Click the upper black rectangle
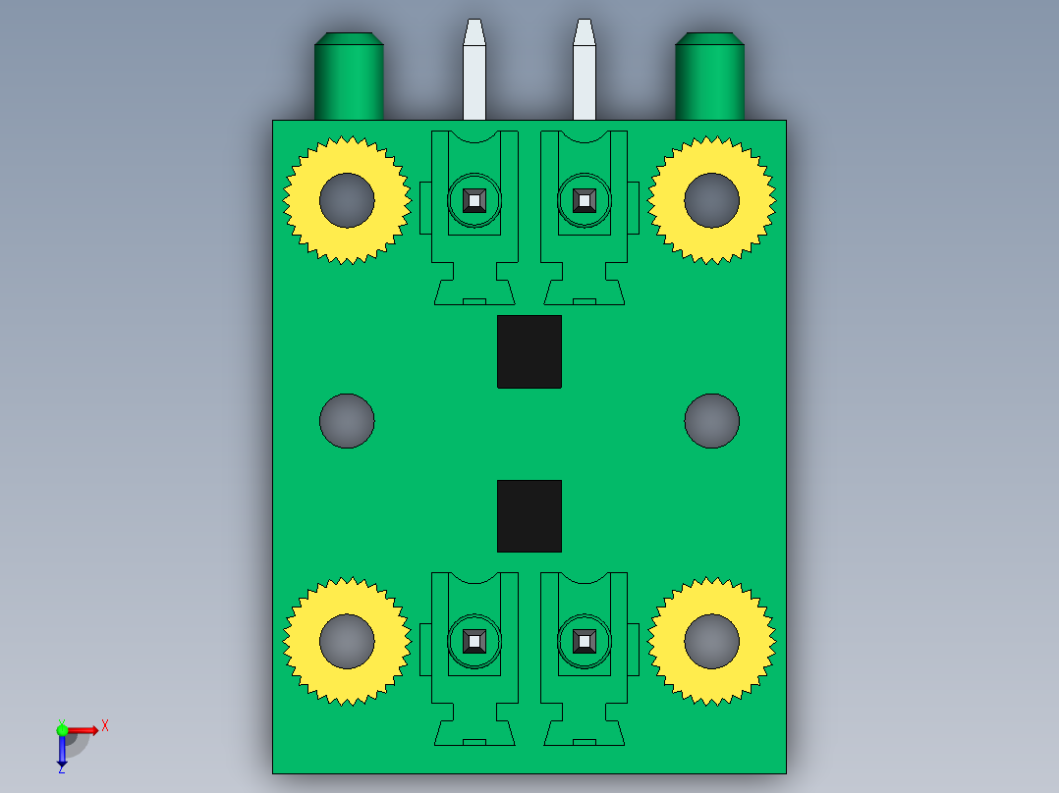coord(529,351)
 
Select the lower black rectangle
coord(529,516)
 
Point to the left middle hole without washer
coord(347,421)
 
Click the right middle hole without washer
coord(712,421)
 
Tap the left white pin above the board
coord(474,70)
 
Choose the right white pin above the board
coord(585,70)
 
